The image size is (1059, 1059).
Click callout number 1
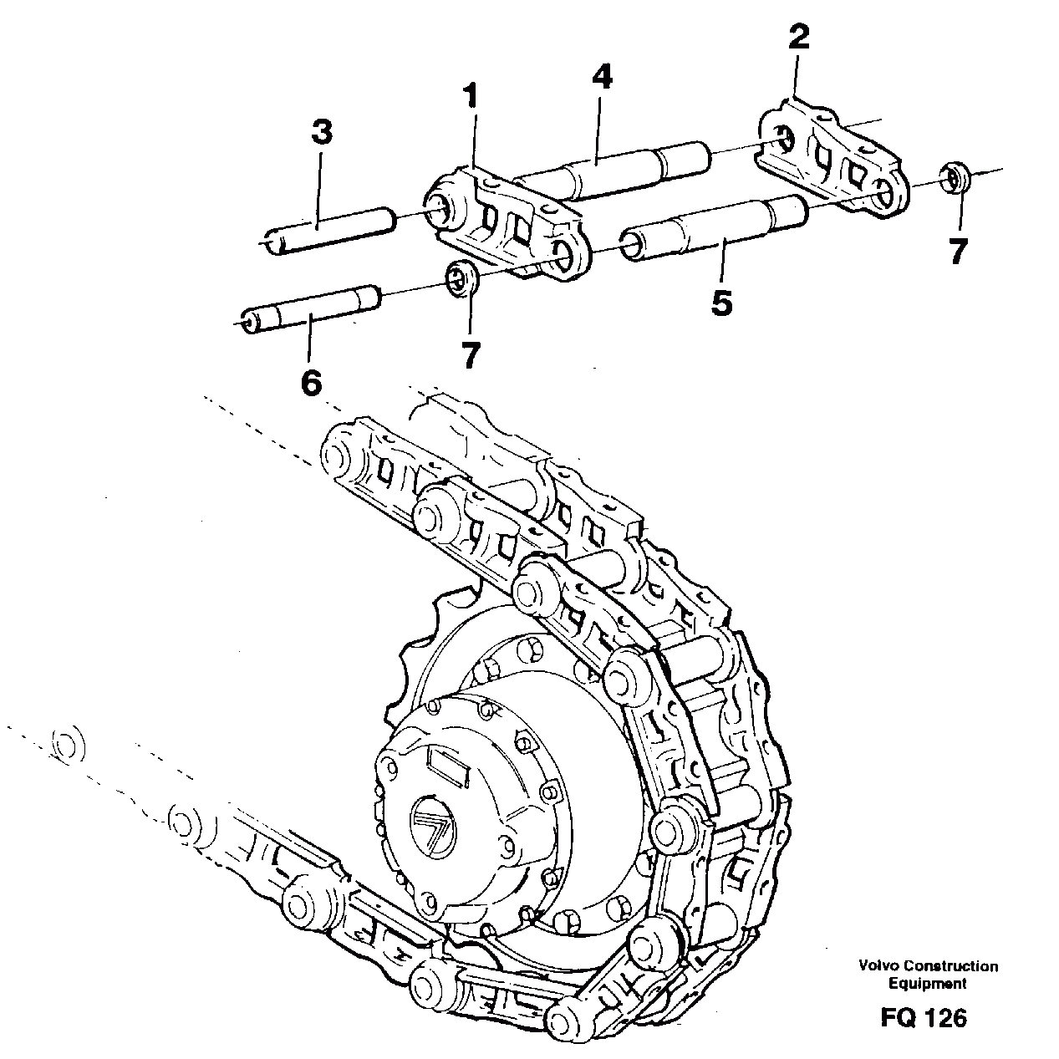click(473, 96)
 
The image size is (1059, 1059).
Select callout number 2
click(798, 38)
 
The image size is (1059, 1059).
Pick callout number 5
click(721, 303)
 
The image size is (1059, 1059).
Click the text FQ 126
click(923, 1017)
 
